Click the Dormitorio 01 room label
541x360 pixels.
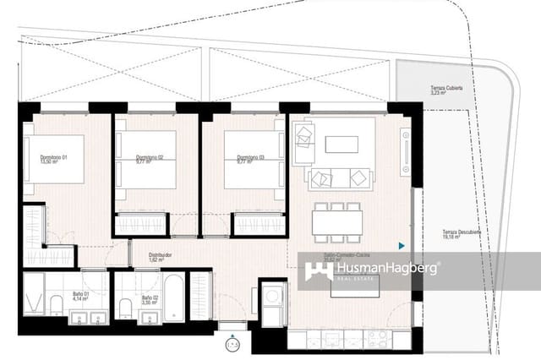[53, 160]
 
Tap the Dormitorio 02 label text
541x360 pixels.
[149, 160]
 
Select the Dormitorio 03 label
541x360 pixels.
[241, 160]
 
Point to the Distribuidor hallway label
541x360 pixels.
[160, 256]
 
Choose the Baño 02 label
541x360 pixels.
[150, 297]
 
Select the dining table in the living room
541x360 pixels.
[337, 222]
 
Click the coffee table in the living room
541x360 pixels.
[342, 145]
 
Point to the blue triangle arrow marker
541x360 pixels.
[402, 246]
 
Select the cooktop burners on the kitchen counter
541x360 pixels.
[375, 339]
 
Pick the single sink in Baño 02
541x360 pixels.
[150, 318]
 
